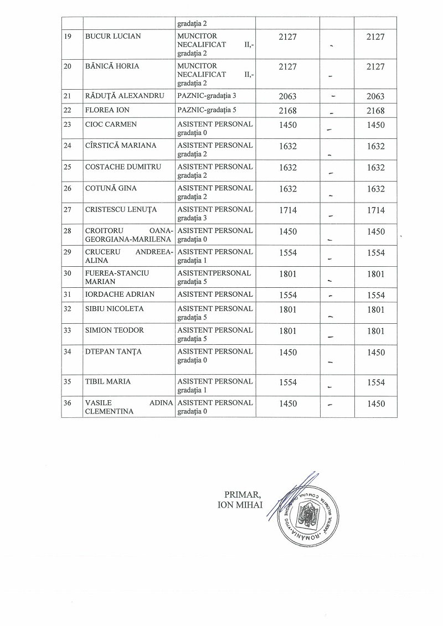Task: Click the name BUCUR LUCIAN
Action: pyautogui.click(x=113, y=37)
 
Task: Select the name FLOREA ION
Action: pyautogui.click(x=104, y=110)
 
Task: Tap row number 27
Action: pyautogui.click(x=68, y=210)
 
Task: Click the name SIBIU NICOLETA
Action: pyautogui.click(x=114, y=309)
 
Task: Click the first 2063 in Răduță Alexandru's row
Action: pyautogui.click(x=288, y=96)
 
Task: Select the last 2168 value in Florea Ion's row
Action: pyautogui.click(x=375, y=111)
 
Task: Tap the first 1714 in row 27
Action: pyautogui.click(x=288, y=210)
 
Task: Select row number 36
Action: pyautogui.click(x=68, y=403)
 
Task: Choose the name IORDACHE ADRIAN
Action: pyautogui.click(x=120, y=294)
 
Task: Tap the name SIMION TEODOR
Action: pyautogui.click(x=114, y=330)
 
